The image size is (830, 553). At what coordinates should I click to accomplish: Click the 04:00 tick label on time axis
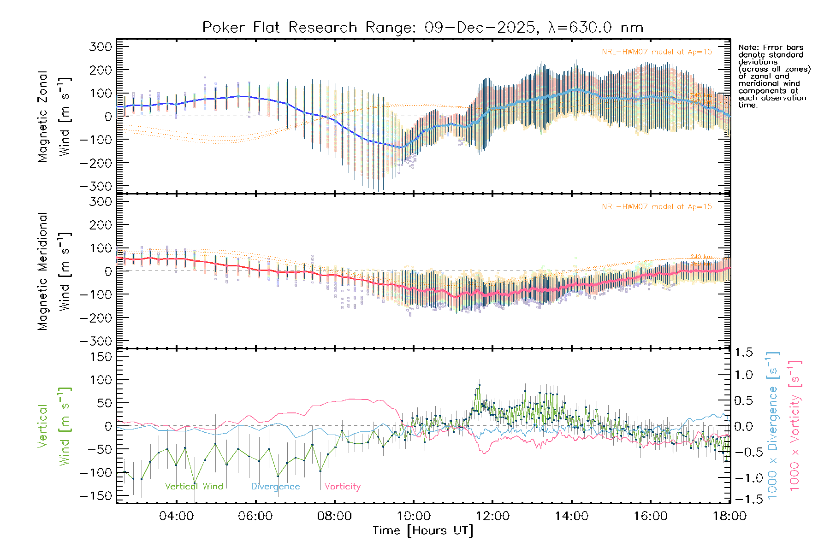(x=176, y=516)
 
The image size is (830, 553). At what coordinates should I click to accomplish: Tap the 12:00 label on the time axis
(x=492, y=516)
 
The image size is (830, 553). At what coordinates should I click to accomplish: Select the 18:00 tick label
(x=729, y=516)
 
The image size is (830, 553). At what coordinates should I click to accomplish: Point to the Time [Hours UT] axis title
(x=423, y=531)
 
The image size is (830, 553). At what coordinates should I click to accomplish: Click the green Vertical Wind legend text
(x=194, y=487)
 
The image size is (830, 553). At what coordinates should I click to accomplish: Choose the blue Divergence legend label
(x=275, y=487)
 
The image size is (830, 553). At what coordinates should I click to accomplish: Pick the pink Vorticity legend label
(x=342, y=487)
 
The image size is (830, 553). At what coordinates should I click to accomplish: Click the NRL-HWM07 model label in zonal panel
(x=657, y=52)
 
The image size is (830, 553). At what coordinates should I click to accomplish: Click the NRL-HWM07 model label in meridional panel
(x=657, y=207)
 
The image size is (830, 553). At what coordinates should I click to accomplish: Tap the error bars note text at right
(x=774, y=76)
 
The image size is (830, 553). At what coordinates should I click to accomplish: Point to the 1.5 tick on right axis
(x=744, y=353)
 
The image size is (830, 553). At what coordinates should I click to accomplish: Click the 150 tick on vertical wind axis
(x=101, y=357)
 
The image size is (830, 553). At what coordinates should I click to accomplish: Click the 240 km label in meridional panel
(x=701, y=257)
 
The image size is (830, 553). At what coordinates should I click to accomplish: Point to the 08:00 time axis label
(x=334, y=516)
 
